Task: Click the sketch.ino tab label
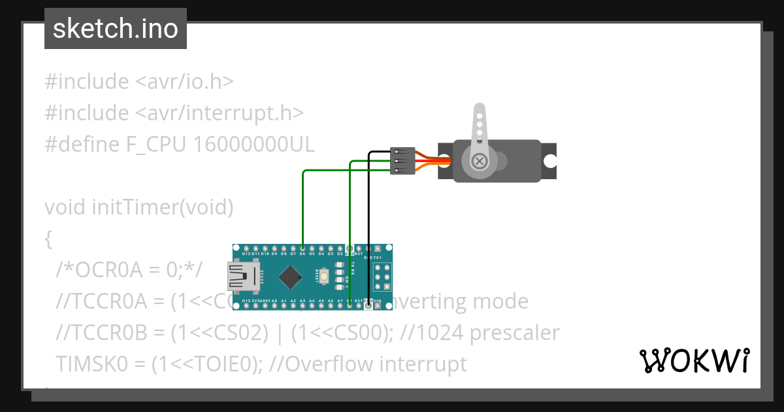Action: (x=116, y=29)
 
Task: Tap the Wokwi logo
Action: (x=694, y=360)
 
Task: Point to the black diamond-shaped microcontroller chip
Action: (x=290, y=277)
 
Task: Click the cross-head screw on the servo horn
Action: (x=480, y=160)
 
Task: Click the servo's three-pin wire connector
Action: (x=401, y=160)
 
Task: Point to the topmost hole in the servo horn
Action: (x=480, y=114)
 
